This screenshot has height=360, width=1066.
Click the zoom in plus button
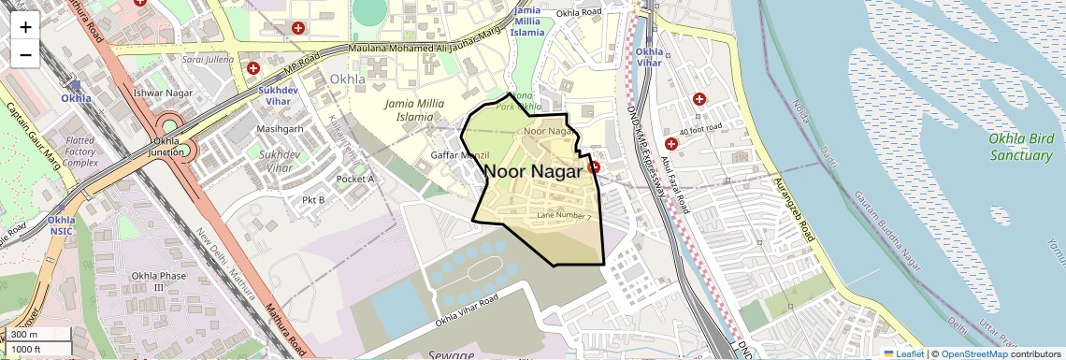(25, 27)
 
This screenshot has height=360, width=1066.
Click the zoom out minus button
(25, 54)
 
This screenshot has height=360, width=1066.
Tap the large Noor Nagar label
(533, 171)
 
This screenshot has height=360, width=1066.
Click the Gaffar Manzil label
(460, 154)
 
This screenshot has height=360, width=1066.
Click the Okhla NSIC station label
(62, 225)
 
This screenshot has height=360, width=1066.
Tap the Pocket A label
(355, 179)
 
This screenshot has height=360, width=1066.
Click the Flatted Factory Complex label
(82, 151)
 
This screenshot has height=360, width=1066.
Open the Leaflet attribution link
(904, 353)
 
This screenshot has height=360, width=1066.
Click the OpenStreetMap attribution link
(974, 353)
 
